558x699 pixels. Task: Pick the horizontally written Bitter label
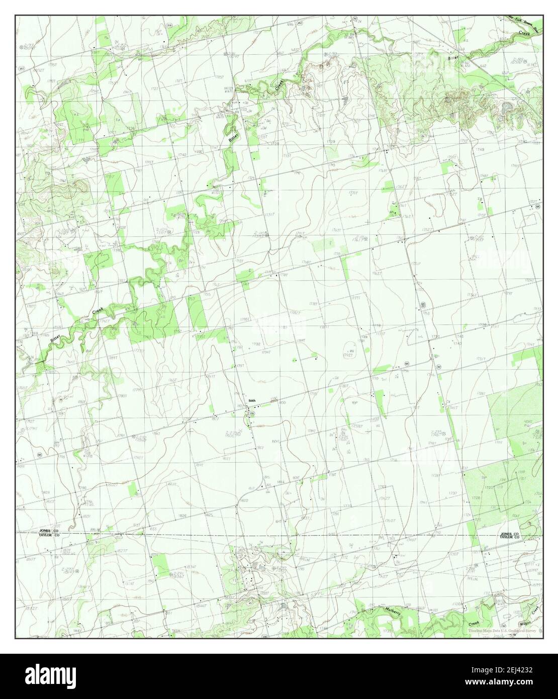(x=454, y=58)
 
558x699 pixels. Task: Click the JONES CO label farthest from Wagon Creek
(x=50, y=531)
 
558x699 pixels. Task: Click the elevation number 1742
(x=182, y=154)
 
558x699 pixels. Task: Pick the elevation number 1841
(x=77, y=631)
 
